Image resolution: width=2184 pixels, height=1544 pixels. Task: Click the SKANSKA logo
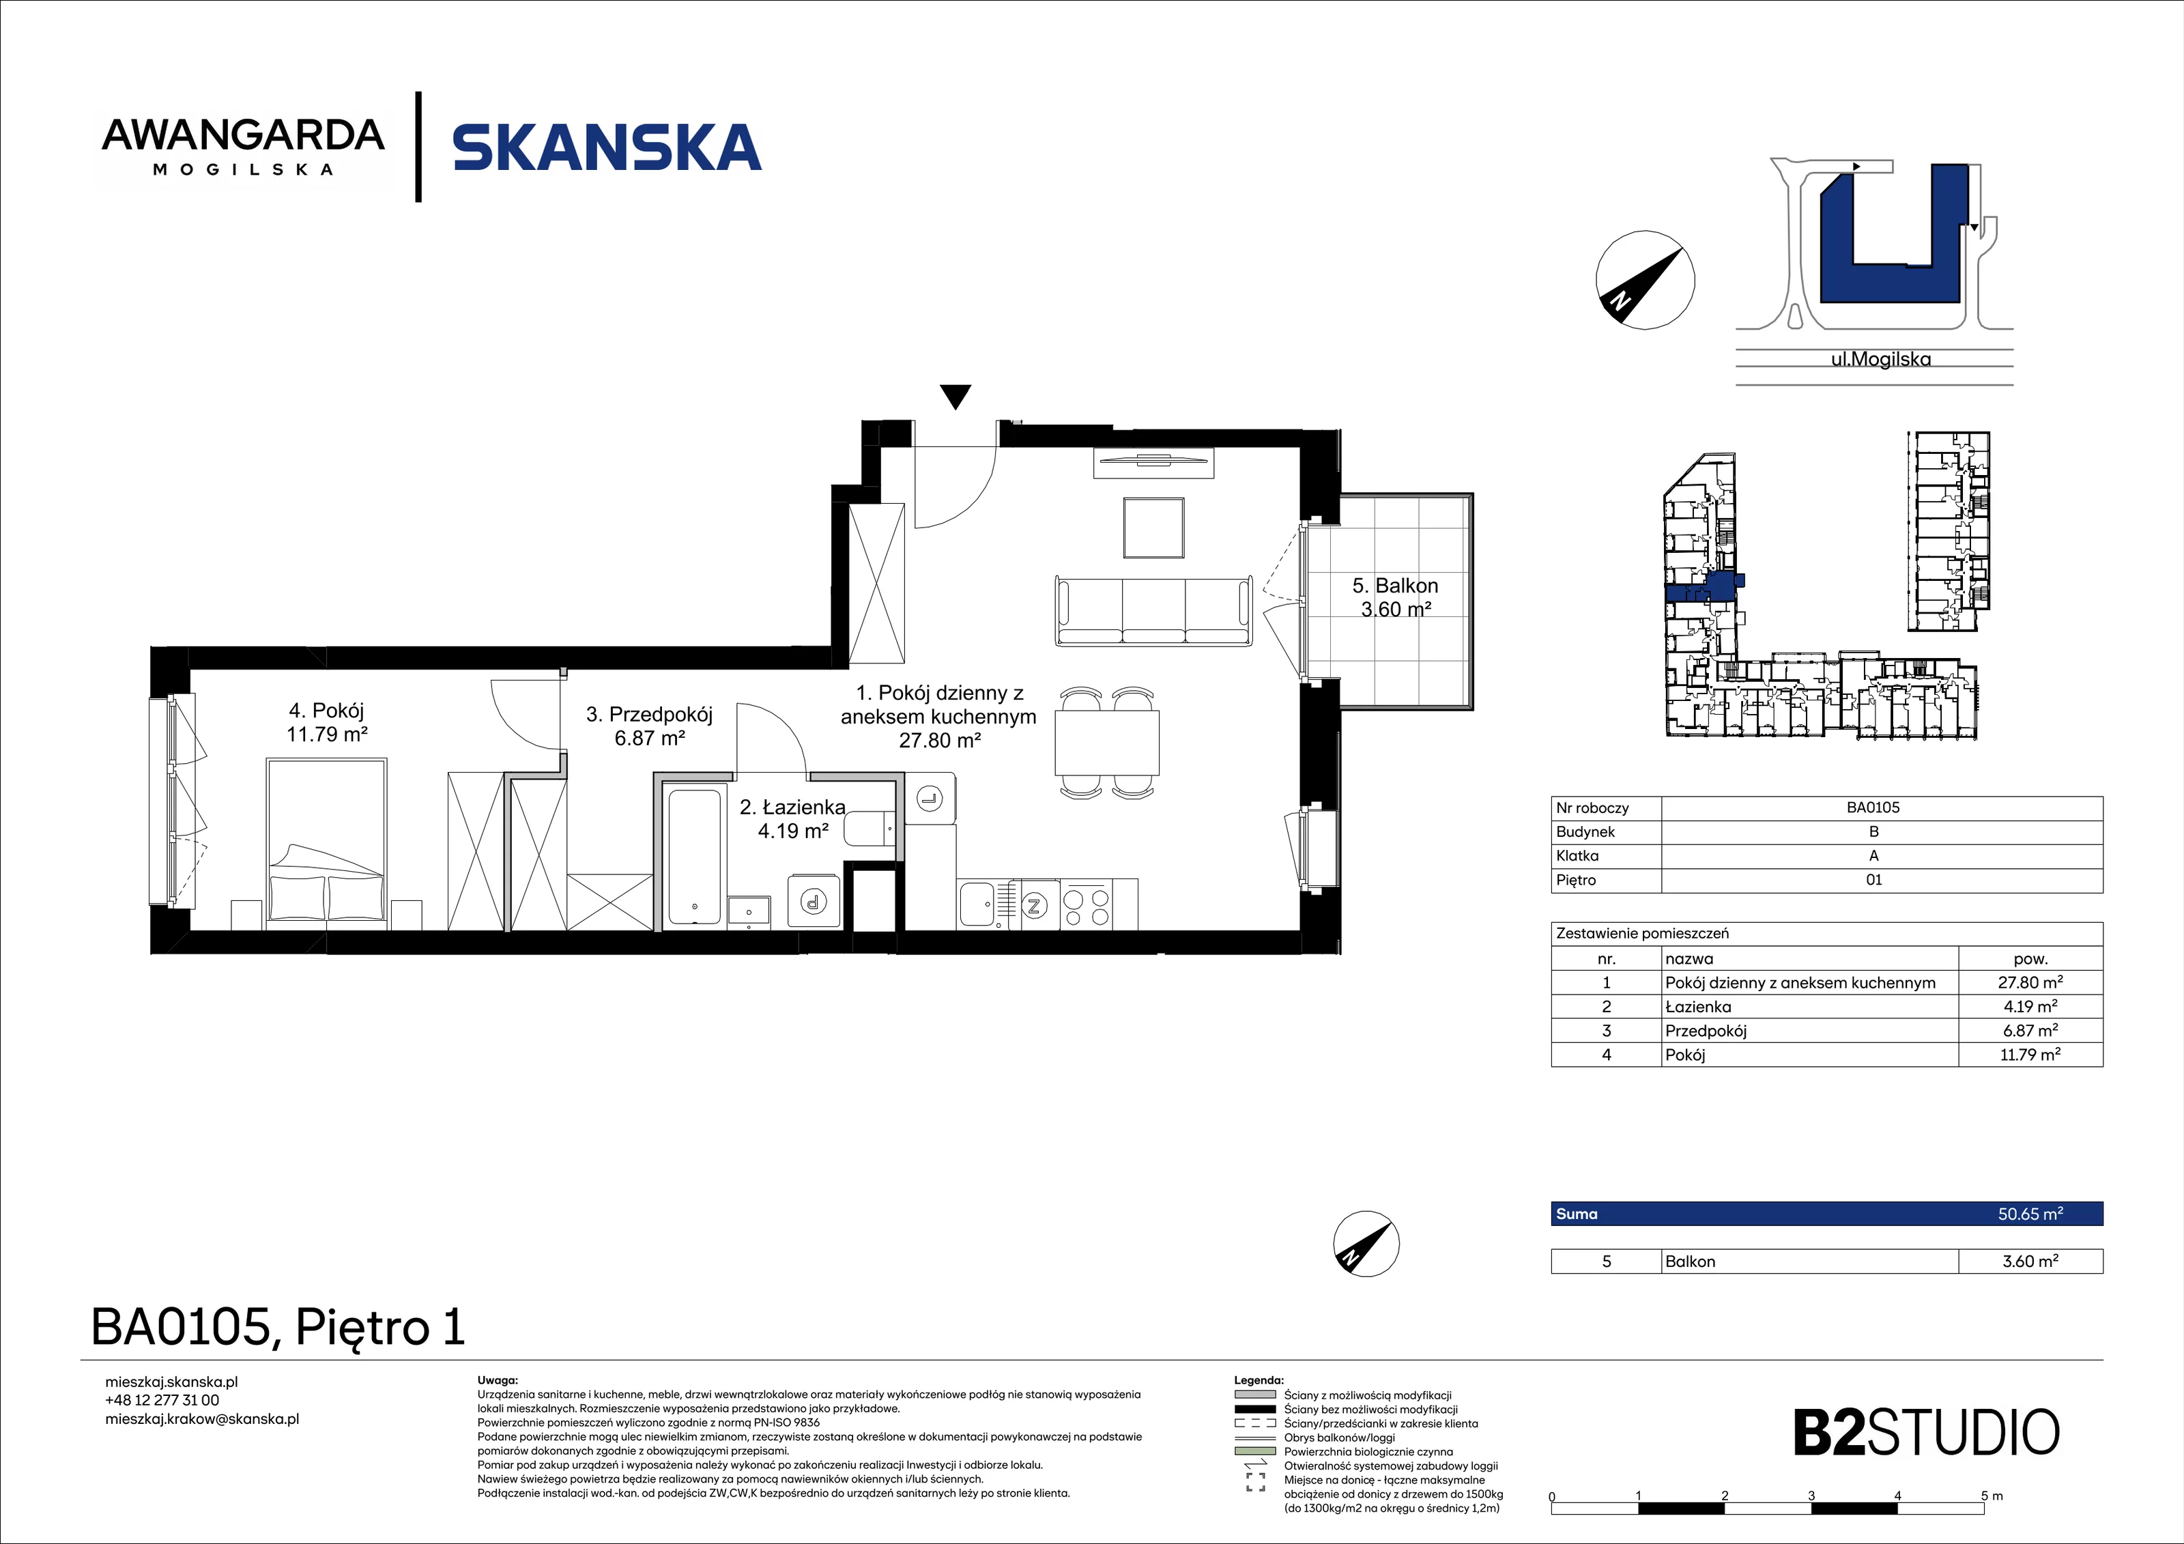click(607, 147)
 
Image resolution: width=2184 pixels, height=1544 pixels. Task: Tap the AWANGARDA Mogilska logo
click(244, 147)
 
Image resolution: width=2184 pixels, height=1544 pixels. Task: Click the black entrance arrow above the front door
click(955, 397)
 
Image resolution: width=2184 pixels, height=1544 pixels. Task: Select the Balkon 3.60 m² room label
click(1396, 597)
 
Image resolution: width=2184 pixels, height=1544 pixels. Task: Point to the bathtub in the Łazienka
click(693, 856)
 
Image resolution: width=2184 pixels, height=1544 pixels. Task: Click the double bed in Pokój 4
click(326, 842)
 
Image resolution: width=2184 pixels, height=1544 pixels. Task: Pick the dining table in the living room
click(1107, 743)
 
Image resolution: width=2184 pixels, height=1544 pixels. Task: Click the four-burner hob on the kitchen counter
click(1085, 904)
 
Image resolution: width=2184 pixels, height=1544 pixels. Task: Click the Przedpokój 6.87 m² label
click(650, 726)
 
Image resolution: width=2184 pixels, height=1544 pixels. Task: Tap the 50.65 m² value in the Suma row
click(2030, 1214)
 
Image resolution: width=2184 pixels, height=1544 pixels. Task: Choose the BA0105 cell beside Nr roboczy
click(1873, 807)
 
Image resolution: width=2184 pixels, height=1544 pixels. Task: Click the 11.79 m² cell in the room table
click(2030, 1054)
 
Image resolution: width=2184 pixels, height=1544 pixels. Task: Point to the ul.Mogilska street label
click(1880, 360)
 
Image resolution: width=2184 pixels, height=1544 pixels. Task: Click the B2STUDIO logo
click(1926, 1433)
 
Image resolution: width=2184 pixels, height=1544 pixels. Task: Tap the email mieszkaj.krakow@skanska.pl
click(201, 1418)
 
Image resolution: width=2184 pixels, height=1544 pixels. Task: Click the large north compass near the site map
click(1645, 280)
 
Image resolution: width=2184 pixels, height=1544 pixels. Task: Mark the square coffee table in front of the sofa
click(1153, 527)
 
